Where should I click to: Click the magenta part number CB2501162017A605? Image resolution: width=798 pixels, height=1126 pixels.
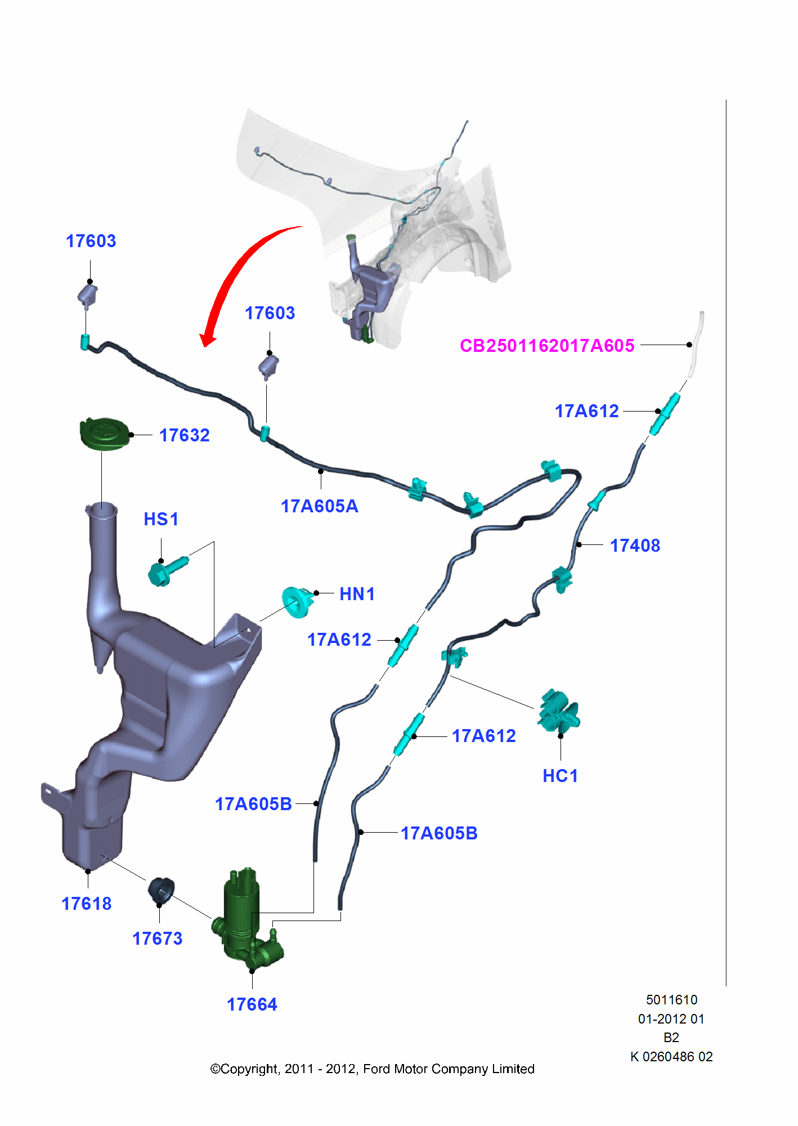point(547,345)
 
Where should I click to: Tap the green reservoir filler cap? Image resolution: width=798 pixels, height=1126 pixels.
point(105,434)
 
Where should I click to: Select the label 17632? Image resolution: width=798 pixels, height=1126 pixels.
point(185,435)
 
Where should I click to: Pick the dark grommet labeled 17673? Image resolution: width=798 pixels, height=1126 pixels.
point(161,891)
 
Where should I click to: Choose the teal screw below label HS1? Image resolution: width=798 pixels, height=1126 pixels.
point(168,570)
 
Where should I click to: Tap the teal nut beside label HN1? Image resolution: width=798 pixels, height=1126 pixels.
point(298,601)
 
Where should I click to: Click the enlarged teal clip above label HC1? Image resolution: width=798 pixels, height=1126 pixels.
point(558,712)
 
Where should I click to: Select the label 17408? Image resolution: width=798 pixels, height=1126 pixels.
point(635,546)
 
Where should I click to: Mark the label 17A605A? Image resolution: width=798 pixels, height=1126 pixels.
point(320,506)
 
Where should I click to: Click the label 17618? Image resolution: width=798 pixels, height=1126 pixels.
point(87,904)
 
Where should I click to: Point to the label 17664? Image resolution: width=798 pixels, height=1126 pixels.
point(252,1004)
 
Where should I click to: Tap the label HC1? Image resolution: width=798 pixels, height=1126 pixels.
point(561,776)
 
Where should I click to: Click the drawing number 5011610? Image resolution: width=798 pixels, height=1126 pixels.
point(671,1000)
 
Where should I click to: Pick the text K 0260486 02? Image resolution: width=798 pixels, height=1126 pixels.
point(671,1057)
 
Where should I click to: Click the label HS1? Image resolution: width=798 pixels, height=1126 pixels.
point(162,519)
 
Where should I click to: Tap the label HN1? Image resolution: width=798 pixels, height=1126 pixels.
point(357,594)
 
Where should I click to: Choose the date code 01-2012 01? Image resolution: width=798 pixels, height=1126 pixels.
point(671,1019)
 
